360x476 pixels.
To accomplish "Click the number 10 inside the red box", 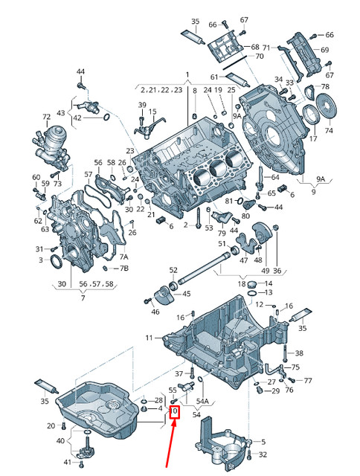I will pyautogui.click(x=174, y=411).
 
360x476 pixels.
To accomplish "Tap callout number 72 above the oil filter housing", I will pyautogui.click(x=46, y=118).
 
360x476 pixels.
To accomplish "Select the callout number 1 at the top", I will pyautogui.click(x=187, y=74).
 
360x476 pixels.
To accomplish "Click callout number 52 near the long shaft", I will pyautogui.click(x=173, y=270).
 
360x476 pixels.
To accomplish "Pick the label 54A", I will pyautogui.click(x=202, y=401).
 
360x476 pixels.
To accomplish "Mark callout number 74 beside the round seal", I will pyautogui.click(x=330, y=131).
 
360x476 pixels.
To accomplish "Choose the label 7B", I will pyautogui.click(x=124, y=268).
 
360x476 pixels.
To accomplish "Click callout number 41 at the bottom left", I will pyautogui.click(x=68, y=463).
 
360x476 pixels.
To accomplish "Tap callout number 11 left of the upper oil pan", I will pyautogui.click(x=149, y=338).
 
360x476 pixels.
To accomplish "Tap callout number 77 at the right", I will pyautogui.click(x=309, y=380).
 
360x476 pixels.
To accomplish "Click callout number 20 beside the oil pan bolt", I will pyautogui.click(x=51, y=425).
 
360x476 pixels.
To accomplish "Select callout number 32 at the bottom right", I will pyautogui.click(x=263, y=454).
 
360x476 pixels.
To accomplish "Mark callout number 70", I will pyautogui.click(x=260, y=57).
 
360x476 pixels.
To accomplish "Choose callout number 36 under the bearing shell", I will pyautogui.click(x=277, y=271).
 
